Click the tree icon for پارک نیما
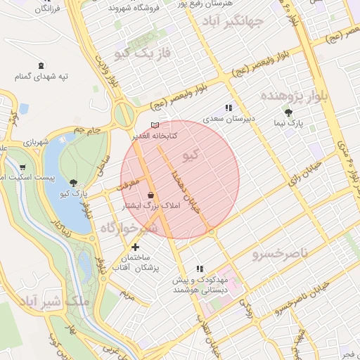[x=288, y=112]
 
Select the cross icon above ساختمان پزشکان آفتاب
[x=136, y=247]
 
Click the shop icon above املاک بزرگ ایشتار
[x=150, y=195]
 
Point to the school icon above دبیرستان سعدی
[x=228, y=108]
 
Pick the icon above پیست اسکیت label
[x=24, y=167]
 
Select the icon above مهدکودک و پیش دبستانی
[x=200, y=268]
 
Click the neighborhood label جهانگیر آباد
[x=251, y=22]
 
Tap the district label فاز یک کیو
[x=143, y=53]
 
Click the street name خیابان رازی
[x=302, y=169]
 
